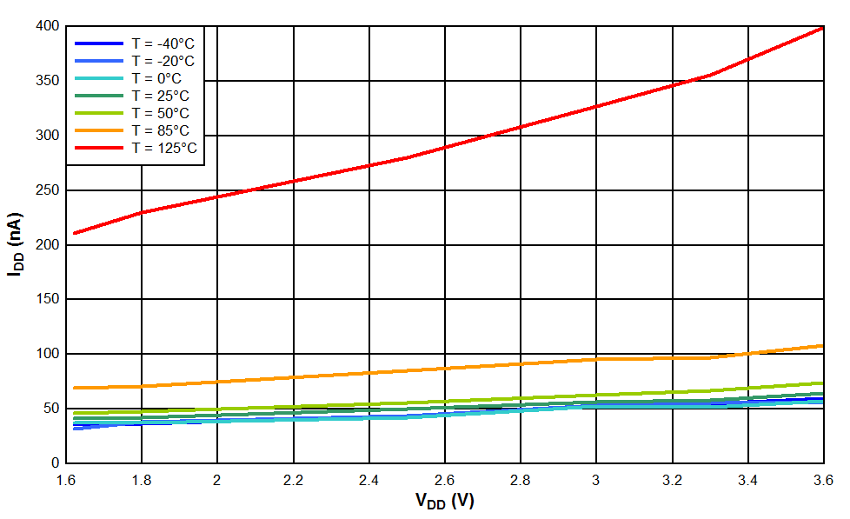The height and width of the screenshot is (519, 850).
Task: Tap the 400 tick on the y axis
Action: click(48, 26)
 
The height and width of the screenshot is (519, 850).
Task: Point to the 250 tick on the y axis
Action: click(48, 190)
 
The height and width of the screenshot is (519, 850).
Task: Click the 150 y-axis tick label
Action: click(48, 299)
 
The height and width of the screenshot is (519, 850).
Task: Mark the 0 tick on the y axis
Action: click(55, 462)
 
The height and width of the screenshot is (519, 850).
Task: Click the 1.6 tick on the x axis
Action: click(66, 480)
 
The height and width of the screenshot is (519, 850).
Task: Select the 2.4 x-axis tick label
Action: click(369, 480)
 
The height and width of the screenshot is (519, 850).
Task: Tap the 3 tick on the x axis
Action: click(596, 480)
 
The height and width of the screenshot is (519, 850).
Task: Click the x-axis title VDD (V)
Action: click(444, 502)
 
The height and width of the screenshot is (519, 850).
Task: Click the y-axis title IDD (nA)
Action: click(15, 243)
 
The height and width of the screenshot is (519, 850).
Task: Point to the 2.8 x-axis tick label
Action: click(521, 480)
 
